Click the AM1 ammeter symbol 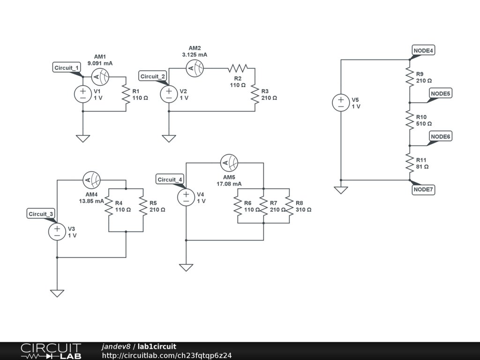click(100, 77)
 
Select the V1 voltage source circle click(83, 94)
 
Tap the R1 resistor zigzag click(126, 94)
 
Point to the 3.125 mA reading click(195, 55)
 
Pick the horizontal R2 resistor click(238, 68)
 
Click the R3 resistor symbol click(255, 94)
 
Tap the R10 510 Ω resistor click(410, 120)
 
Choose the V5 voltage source click(341, 103)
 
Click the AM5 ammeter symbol click(229, 163)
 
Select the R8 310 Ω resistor click(289, 206)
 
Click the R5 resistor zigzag click(143, 206)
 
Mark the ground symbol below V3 click(57, 293)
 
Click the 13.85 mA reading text click(91, 201)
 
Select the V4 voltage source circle click(186, 197)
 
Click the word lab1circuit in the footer click(157, 346)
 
